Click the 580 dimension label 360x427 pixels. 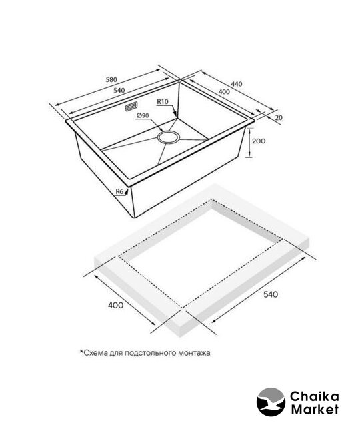point(111,79)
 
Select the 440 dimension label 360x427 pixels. point(237,84)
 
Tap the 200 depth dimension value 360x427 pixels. point(259,141)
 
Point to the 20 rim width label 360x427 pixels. point(279,117)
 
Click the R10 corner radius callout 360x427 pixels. point(163,101)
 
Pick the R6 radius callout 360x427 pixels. point(120,191)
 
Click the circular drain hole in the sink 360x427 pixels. point(169,137)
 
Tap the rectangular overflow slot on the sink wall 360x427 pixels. point(131,107)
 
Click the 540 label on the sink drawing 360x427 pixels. point(119,91)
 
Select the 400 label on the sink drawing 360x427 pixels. point(224,92)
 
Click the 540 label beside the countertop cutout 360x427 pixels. point(271,294)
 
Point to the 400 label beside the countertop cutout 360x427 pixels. point(115,305)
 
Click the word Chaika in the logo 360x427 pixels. point(314,397)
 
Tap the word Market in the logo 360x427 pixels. point(315,409)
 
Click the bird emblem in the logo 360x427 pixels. point(271,402)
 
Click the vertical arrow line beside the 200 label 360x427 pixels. point(249,143)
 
